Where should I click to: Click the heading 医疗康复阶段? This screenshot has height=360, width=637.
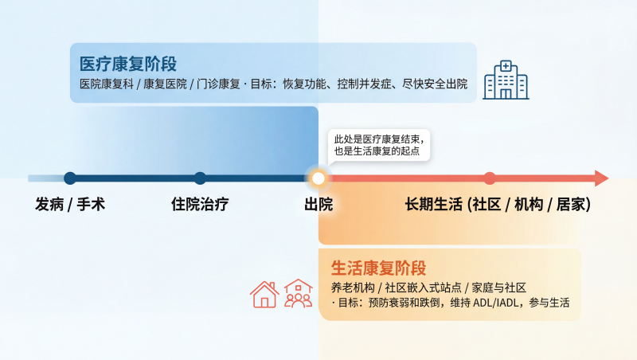pyautogui.click(x=128, y=64)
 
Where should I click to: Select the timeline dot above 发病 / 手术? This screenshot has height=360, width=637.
pyautogui.click(x=70, y=178)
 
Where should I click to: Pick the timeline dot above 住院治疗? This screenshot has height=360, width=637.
pyautogui.click(x=200, y=178)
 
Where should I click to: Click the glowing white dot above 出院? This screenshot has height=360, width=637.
pyautogui.click(x=318, y=178)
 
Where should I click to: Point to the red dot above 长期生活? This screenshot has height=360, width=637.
pyautogui.click(x=490, y=178)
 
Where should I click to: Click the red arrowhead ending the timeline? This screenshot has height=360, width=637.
pyautogui.click(x=601, y=178)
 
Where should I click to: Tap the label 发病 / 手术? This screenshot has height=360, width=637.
pyautogui.click(x=70, y=205)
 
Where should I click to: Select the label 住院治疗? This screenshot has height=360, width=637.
pyautogui.click(x=200, y=205)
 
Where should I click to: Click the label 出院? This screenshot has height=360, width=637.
pyautogui.click(x=318, y=205)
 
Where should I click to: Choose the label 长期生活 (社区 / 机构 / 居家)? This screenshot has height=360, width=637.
pyautogui.click(x=498, y=205)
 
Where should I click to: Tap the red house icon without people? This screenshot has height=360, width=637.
pyautogui.click(x=264, y=294)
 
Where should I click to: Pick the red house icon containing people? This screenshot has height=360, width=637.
pyautogui.click(x=298, y=294)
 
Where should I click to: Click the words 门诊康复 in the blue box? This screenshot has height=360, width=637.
pyautogui.click(x=216, y=84)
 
